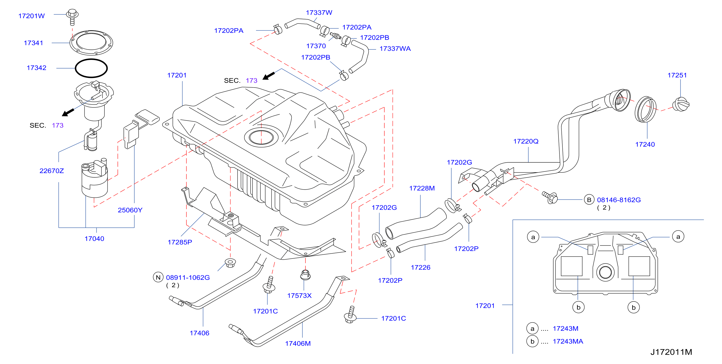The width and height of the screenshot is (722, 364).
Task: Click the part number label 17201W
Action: click(31, 16)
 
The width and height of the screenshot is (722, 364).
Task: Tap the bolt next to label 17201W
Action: click(72, 17)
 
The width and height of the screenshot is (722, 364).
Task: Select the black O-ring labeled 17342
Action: click(91, 68)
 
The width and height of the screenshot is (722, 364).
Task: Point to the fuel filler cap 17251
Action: click(681, 104)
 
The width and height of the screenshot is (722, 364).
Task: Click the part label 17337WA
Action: click(395, 49)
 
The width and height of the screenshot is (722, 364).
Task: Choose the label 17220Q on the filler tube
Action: click(526, 141)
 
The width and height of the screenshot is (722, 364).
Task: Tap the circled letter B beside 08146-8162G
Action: click(589, 200)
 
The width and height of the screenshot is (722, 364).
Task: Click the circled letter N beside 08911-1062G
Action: click(158, 277)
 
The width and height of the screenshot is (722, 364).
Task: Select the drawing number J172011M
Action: click(671, 352)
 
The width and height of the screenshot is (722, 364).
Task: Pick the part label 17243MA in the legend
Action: click(568, 342)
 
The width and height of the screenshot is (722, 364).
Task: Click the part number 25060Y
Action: click(130, 210)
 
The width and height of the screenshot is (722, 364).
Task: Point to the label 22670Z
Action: click(51, 171)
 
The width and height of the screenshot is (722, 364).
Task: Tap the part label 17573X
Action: click(299, 296)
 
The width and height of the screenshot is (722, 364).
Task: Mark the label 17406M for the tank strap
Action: click(298, 344)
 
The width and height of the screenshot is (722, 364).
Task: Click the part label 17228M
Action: click(422, 188)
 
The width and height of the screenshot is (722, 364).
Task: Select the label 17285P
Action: click(180, 242)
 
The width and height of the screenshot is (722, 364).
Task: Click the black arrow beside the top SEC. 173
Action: click(268, 76)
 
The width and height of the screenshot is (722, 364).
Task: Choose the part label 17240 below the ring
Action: click(645, 145)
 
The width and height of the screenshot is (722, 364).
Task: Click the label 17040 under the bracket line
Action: click(94, 239)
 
